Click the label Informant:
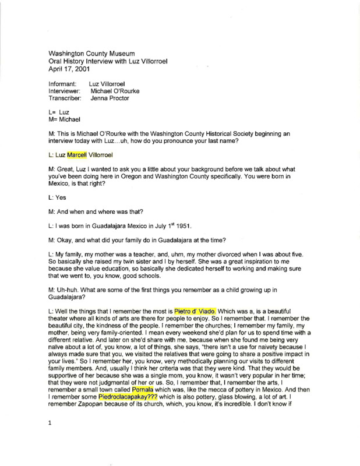point(63,84)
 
